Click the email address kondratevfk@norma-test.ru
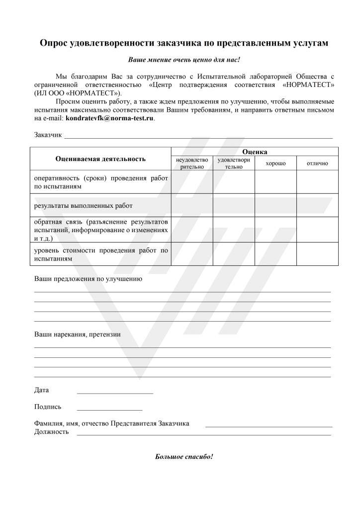[110, 119]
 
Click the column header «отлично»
[317, 164]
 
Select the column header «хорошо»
[275, 164]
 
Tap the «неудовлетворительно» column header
[192, 164]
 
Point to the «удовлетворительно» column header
[234, 164]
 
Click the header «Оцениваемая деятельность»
[100, 159]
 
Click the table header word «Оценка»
[255, 152]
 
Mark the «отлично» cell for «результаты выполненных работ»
[317, 205]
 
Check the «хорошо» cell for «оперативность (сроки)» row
[275, 182]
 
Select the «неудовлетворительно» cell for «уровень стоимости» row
[192, 254]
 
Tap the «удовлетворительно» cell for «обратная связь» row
[234, 230]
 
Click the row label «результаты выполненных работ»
[83, 205]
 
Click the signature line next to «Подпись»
[109, 410]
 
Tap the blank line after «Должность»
[203, 434]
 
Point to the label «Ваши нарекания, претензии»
[77, 335]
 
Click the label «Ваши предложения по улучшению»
[88, 279]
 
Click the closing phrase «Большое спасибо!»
[184, 456]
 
